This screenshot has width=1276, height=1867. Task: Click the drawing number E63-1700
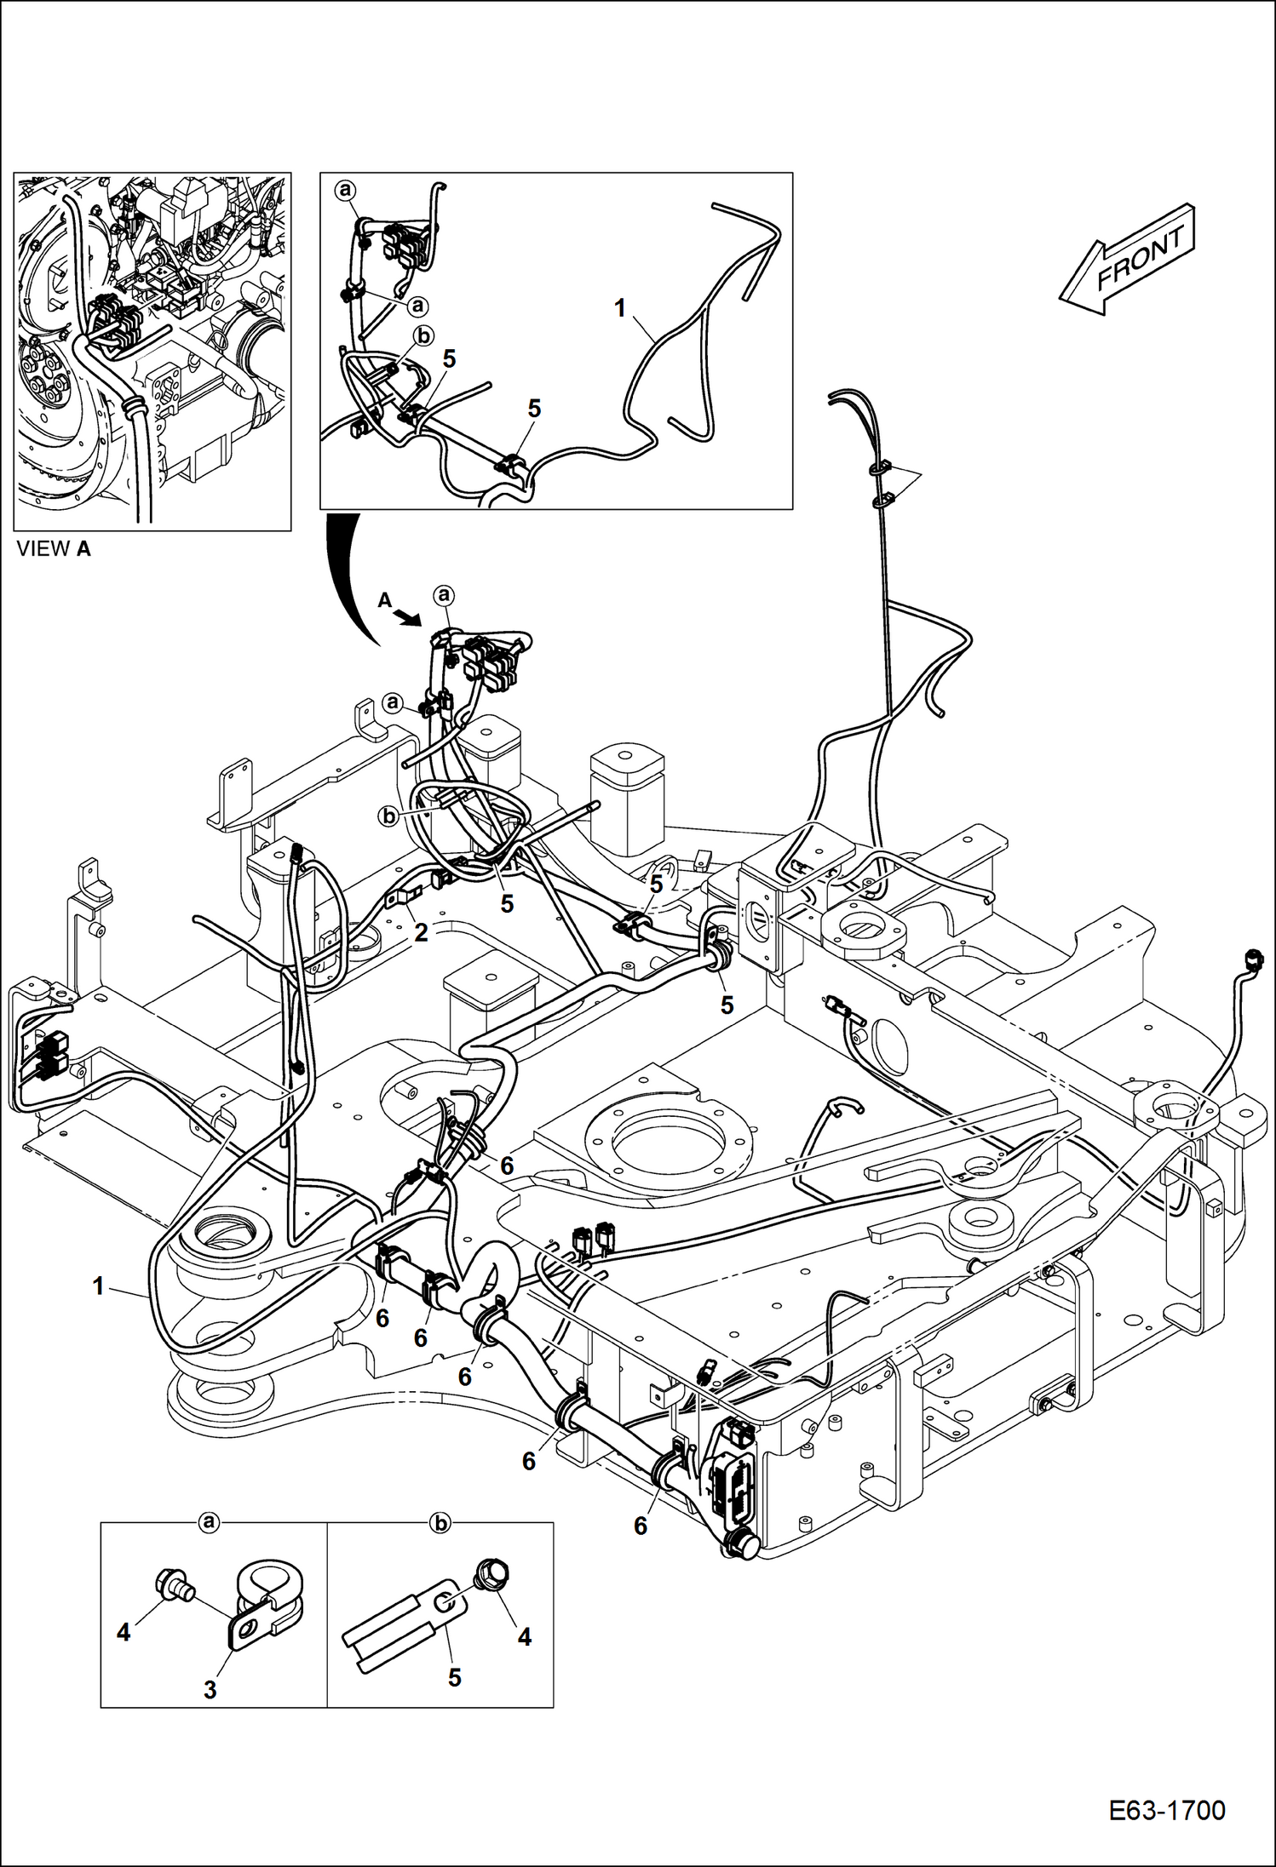pos(1166,1810)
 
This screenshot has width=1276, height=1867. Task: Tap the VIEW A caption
pos(53,549)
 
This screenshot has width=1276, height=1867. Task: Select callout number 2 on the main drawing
pos(420,932)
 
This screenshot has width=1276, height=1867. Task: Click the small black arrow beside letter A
pos(410,617)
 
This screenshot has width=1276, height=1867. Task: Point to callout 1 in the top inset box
pos(620,308)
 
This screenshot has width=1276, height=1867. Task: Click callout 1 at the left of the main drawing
pos(99,1286)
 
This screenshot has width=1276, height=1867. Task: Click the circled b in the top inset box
pos(422,336)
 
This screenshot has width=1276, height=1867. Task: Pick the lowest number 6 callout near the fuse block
pos(641,1526)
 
